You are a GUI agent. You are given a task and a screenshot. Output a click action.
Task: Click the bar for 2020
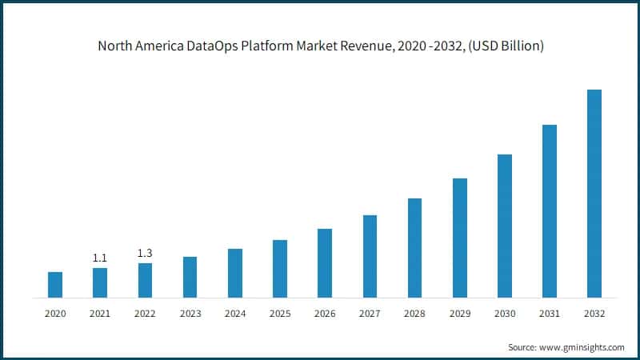coord(54,285)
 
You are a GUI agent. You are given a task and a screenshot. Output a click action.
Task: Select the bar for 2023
coord(190,277)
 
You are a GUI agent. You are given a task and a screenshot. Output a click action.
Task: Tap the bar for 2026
coord(324,263)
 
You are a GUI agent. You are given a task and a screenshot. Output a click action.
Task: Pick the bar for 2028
coord(414,248)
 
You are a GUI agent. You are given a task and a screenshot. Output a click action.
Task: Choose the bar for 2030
coord(504,226)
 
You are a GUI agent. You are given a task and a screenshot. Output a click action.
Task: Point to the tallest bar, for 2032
coord(594,194)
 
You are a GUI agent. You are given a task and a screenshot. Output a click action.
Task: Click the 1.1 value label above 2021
coord(100,258)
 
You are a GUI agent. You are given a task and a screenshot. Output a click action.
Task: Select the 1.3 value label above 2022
coord(145,253)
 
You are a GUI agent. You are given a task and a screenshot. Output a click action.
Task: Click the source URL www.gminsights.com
coord(582,347)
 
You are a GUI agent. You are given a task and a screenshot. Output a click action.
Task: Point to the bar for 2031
coord(550,211)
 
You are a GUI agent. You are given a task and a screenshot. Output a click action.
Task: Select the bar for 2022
coord(145,280)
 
